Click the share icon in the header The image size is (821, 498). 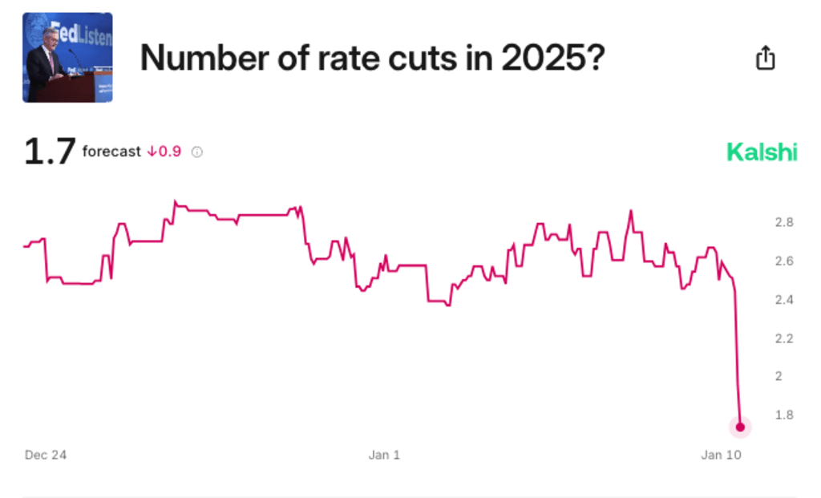pyautogui.click(x=766, y=58)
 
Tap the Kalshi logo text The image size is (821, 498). pyautogui.click(x=762, y=152)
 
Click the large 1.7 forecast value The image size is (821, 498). pyautogui.click(x=50, y=152)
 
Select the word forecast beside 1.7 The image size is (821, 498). pyautogui.click(x=111, y=152)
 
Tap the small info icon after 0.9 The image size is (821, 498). pyautogui.click(x=197, y=152)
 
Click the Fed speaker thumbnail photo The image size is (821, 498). pyautogui.click(x=67, y=58)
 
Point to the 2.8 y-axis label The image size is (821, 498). pyautogui.click(x=784, y=222)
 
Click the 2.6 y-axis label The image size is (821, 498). pyautogui.click(x=784, y=261)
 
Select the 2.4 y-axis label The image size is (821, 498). pyautogui.click(x=784, y=299)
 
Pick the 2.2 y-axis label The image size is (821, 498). pyautogui.click(x=784, y=338)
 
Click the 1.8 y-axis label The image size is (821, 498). pyautogui.click(x=784, y=415)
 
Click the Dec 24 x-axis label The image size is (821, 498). pyautogui.click(x=46, y=455)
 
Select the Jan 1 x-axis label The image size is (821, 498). pyautogui.click(x=384, y=455)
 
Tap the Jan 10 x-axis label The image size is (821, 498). pyautogui.click(x=721, y=455)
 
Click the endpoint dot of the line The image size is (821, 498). pyautogui.click(x=740, y=427)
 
